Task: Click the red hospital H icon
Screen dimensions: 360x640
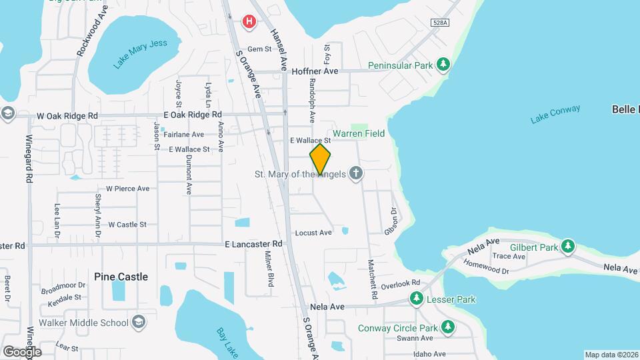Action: click(249, 22)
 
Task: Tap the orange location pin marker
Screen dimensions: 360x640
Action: click(320, 159)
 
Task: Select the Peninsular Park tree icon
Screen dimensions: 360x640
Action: click(443, 65)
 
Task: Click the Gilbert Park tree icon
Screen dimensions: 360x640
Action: click(568, 247)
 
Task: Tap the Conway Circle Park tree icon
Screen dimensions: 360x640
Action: click(449, 327)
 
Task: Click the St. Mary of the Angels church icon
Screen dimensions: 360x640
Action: click(356, 174)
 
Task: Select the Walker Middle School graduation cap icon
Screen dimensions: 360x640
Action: click(139, 323)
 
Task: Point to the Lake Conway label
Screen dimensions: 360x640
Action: click(555, 114)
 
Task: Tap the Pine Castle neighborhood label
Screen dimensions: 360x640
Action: click(121, 277)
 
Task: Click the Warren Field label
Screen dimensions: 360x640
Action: click(359, 133)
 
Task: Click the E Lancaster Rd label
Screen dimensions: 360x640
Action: click(253, 244)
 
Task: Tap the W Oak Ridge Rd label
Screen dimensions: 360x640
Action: click(67, 115)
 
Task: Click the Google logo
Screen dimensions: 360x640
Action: click(21, 351)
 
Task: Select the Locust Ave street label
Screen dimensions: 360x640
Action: click(313, 233)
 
